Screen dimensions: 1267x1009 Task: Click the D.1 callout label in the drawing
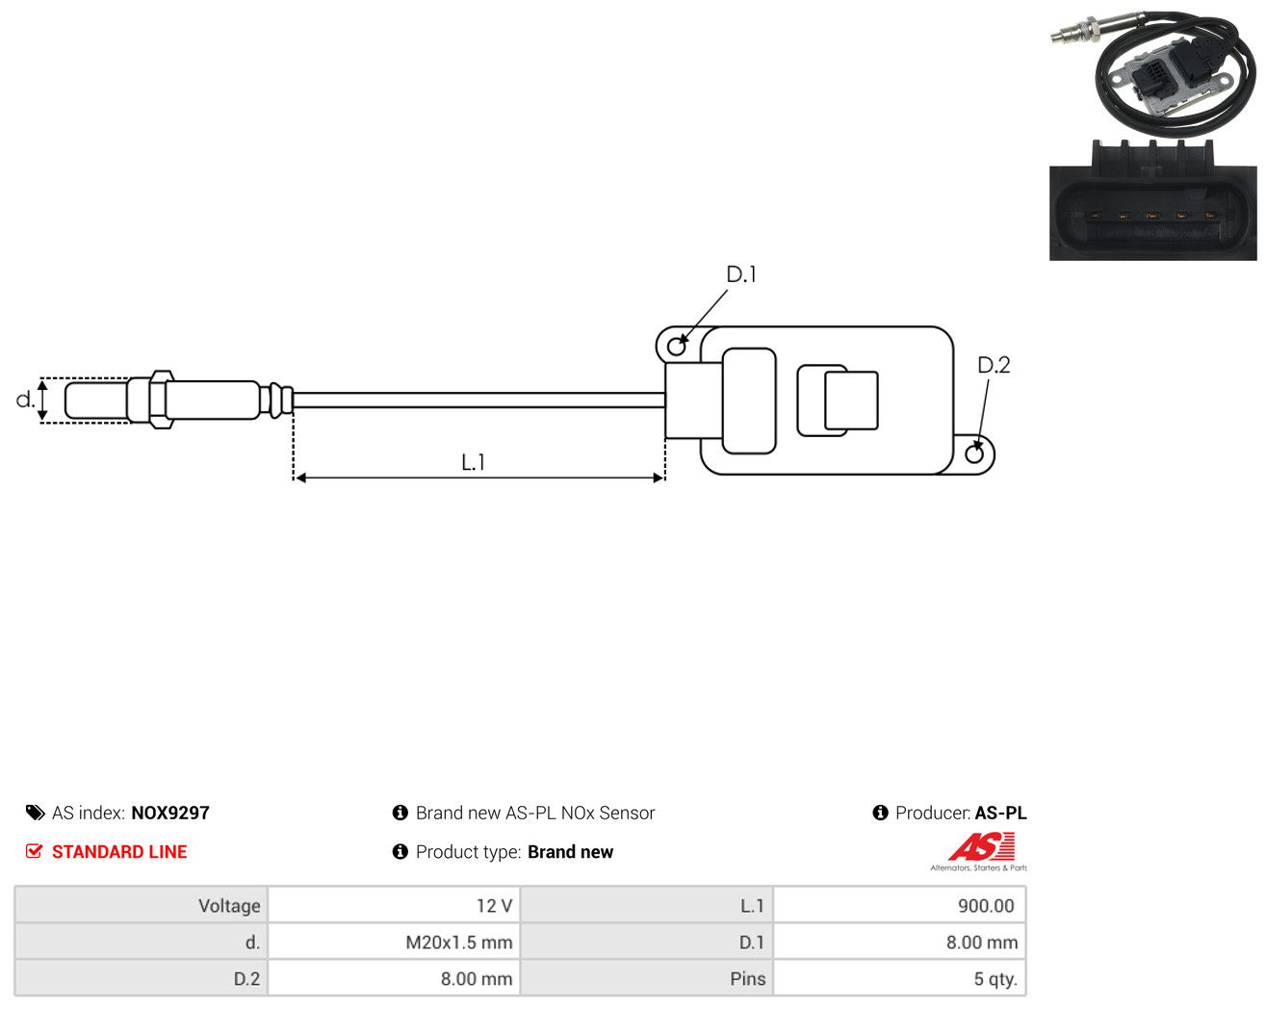pyautogui.click(x=740, y=274)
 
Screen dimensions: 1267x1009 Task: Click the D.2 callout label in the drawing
pyautogui.click(x=994, y=365)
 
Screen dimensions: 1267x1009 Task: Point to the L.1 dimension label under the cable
pyautogui.click(x=473, y=462)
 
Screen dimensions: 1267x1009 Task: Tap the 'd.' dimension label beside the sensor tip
pyautogui.click(x=25, y=400)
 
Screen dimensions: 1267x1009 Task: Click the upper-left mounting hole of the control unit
pyautogui.click(x=677, y=347)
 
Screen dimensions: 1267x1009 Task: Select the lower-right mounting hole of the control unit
pyautogui.click(x=974, y=454)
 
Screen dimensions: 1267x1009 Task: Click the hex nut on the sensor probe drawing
pyautogui.click(x=162, y=400)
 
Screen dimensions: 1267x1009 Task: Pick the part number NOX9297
pyautogui.click(x=170, y=813)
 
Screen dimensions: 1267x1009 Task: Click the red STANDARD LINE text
pyautogui.click(x=119, y=852)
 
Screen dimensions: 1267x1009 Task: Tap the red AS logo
pyautogui.click(x=981, y=846)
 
